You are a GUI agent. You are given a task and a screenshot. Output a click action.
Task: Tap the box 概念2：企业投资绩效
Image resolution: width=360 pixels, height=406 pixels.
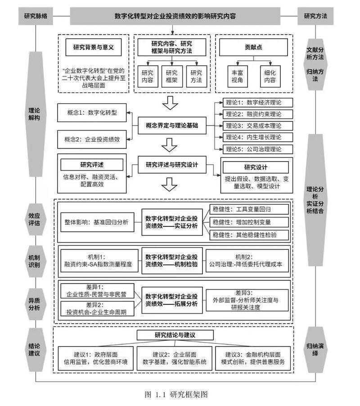click(x=93, y=139)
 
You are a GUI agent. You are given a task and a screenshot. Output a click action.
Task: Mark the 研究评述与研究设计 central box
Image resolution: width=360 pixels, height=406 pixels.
click(x=171, y=165)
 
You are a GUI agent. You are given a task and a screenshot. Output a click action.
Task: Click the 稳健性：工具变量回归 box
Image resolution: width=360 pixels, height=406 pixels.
click(x=249, y=209)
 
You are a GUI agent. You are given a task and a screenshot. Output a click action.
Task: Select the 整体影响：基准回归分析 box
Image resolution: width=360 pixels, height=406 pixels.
click(x=97, y=222)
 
